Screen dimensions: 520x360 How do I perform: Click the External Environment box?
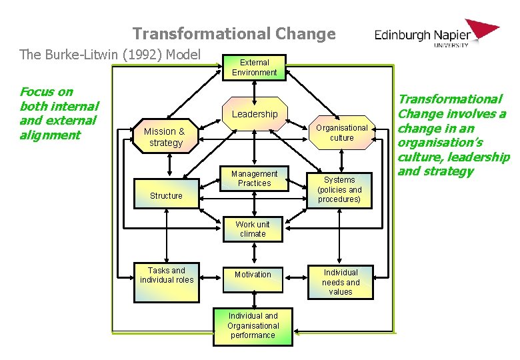coord(254,67)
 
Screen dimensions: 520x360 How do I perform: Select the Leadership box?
coord(254,114)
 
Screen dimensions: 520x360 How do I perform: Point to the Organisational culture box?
coord(341,133)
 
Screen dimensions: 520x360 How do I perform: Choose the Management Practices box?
coord(254,179)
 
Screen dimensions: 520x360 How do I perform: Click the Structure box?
coord(166,195)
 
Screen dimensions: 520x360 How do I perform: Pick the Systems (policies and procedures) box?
coord(340,189)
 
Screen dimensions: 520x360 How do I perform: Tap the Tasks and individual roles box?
coord(166,275)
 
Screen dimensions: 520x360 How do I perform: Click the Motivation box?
coord(253,275)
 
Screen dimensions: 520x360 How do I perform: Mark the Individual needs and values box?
coord(340,282)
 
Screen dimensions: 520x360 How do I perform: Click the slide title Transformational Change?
coord(234,33)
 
